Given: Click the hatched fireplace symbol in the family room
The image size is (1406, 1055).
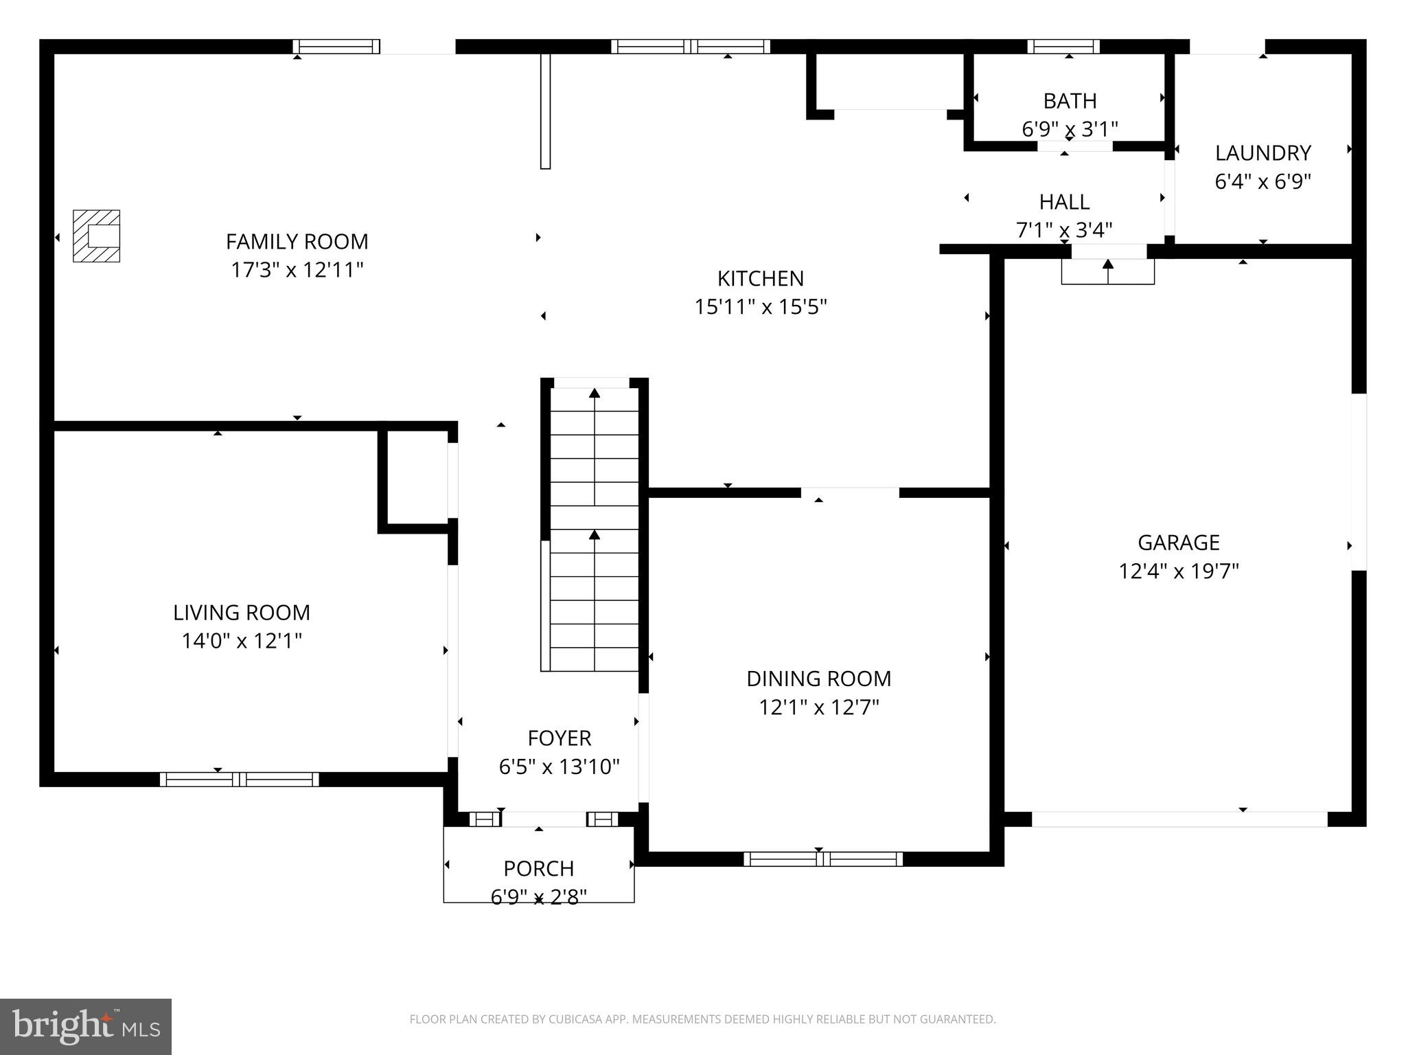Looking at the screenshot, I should [97, 236].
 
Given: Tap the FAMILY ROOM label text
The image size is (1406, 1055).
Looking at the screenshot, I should [297, 242].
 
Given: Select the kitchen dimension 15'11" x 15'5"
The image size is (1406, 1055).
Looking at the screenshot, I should [760, 306].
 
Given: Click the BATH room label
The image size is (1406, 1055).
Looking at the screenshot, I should [1069, 101].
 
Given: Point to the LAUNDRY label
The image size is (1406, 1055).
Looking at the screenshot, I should [1263, 152].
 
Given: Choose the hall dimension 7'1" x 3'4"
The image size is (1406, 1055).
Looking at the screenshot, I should [1063, 229].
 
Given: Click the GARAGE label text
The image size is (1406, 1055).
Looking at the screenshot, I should [1178, 543].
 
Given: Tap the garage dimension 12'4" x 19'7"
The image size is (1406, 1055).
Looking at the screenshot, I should [1178, 571].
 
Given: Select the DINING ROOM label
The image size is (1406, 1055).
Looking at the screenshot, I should [818, 679].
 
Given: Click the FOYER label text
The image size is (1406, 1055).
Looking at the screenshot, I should [559, 738].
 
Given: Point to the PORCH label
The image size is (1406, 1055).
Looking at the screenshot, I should [538, 868].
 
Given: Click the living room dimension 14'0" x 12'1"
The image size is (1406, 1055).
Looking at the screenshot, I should [242, 641].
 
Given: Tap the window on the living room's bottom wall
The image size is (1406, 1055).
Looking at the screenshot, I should [239, 779].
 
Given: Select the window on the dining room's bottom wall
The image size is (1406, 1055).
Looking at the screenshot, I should [822, 859].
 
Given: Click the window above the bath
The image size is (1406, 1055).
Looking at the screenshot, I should [1063, 46].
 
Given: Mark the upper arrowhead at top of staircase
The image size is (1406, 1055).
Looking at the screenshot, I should [595, 393].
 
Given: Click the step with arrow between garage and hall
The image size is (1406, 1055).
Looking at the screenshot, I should [1107, 271].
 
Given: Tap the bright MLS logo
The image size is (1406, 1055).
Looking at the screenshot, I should [85, 1026].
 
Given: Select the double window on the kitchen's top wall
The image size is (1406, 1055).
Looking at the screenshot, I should [690, 46].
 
